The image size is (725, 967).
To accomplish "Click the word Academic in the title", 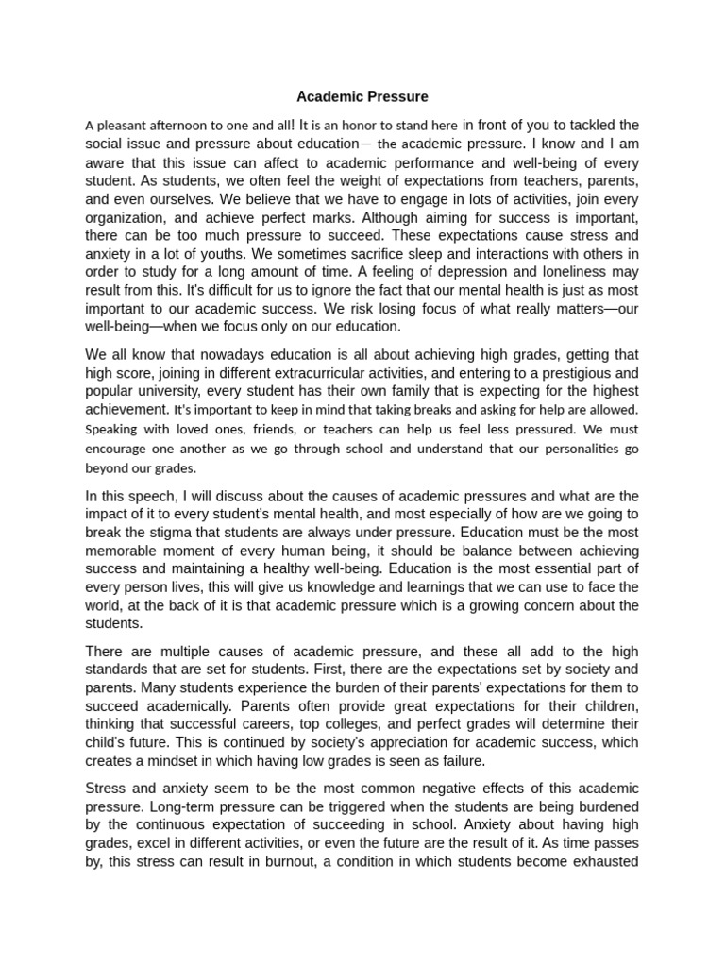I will [325, 96].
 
